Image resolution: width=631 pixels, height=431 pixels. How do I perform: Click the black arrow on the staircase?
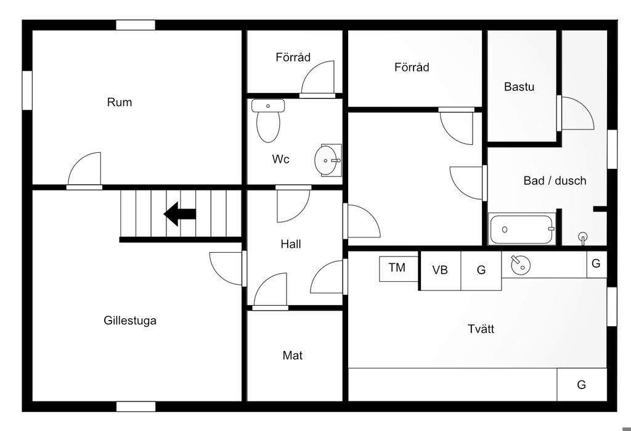tap(179, 214)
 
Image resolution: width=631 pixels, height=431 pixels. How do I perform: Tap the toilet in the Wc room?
tap(268, 121)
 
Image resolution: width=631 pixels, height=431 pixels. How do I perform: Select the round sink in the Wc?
tap(327, 160)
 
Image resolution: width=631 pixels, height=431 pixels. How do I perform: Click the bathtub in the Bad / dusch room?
tap(522, 229)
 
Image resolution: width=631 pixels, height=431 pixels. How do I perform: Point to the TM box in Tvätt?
tap(397, 268)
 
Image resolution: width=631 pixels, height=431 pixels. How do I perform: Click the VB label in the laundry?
tap(440, 270)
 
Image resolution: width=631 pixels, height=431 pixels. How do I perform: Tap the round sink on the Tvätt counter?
tap(520, 265)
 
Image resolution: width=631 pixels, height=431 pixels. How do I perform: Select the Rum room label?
tap(120, 102)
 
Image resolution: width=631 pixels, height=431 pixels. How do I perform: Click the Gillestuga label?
tap(130, 321)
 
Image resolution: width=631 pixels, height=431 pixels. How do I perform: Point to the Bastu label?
tap(519, 87)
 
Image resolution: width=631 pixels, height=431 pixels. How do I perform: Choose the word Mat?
tap(293, 356)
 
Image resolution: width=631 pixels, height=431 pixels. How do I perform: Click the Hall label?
tap(291, 245)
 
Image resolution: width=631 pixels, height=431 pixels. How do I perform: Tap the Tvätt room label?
tap(481, 329)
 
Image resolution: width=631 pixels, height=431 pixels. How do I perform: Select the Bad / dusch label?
tap(555, 181)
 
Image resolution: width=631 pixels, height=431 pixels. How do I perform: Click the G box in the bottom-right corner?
tap(581, 385)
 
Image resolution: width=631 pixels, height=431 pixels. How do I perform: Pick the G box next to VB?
tap(481, 270)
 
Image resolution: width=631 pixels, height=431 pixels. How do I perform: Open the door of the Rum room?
tap(85, 170)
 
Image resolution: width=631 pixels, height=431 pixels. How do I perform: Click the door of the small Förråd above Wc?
tap(319, 79)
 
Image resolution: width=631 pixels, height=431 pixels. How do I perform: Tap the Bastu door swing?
tap(576, 115)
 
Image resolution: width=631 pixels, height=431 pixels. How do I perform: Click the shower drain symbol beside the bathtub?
tap(583, 236)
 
